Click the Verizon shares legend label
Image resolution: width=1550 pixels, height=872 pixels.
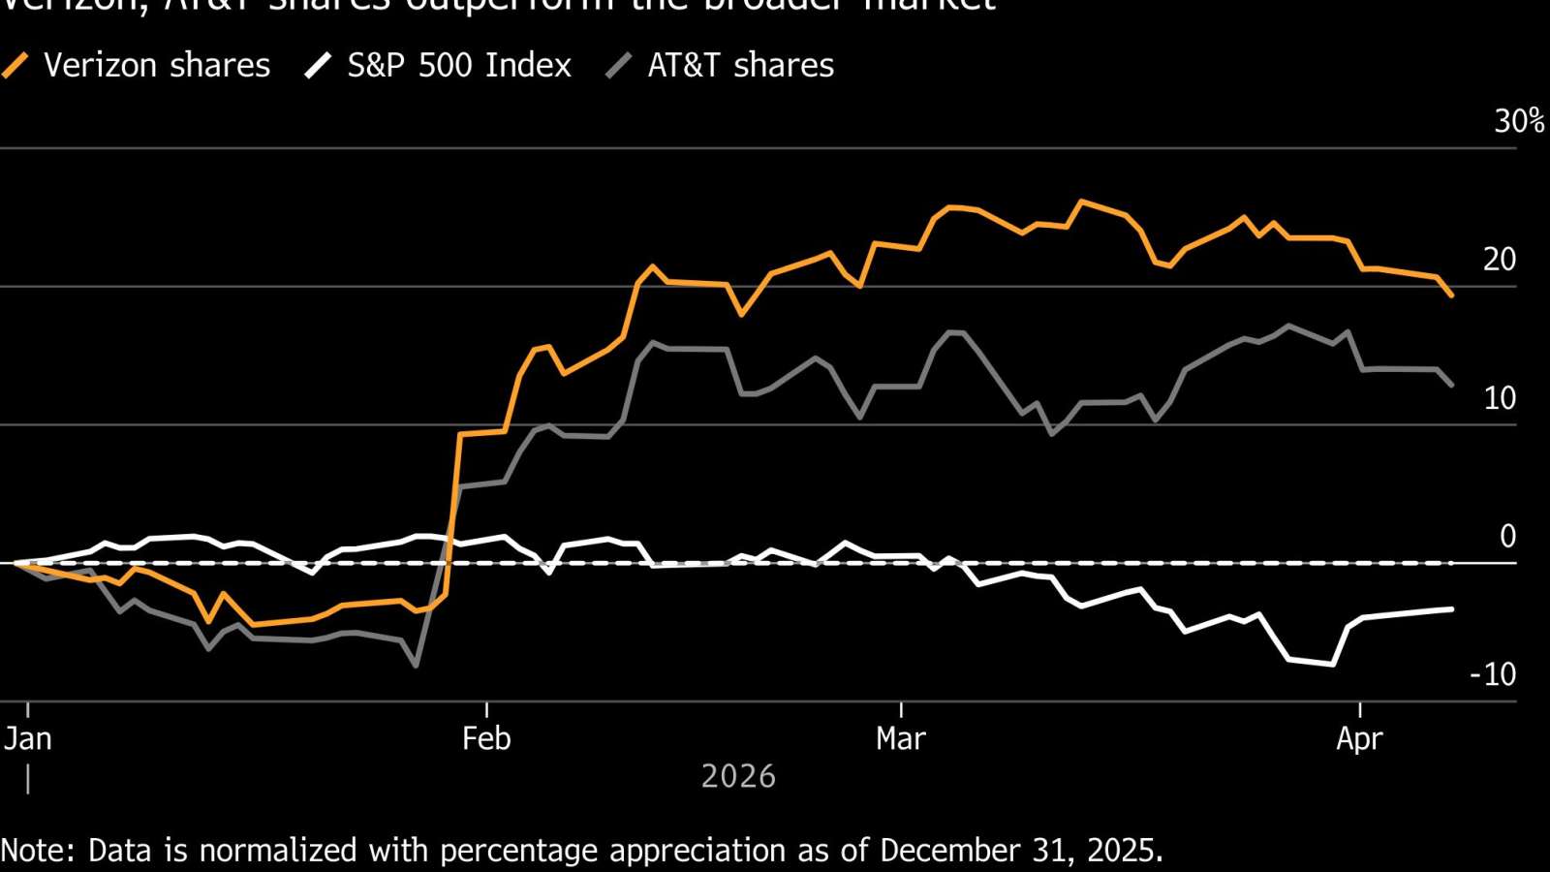(157, 65)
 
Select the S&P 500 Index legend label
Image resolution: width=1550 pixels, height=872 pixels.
(459, 65)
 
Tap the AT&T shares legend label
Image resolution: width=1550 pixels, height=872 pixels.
(740, 65)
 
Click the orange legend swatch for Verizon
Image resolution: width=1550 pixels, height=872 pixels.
(15, 66)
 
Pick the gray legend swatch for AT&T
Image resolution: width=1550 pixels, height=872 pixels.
(619, 66)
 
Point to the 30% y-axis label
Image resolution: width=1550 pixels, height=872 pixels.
(1518, 121)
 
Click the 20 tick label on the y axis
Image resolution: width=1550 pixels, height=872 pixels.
(1500, 260)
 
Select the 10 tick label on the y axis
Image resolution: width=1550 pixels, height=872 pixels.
(1500, 398)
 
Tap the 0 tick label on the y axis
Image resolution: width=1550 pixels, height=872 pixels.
(1507, 536)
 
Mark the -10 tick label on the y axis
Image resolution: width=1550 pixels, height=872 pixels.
(1493, 674)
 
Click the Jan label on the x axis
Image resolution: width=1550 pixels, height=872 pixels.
(27, 739)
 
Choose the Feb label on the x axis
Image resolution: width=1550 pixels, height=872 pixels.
(486, 739)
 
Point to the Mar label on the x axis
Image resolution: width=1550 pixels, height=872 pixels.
(901, 739)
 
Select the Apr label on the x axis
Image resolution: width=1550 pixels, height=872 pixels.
(1359, 739)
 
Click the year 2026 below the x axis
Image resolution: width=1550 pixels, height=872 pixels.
(738, 776)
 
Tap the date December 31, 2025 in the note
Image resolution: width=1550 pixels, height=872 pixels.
(1019, 851)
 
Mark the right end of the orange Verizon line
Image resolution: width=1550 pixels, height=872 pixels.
(1451, 296)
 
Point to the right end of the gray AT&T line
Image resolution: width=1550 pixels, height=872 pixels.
(1451, 386)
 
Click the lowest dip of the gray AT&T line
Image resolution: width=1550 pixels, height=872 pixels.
(416, 666)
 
